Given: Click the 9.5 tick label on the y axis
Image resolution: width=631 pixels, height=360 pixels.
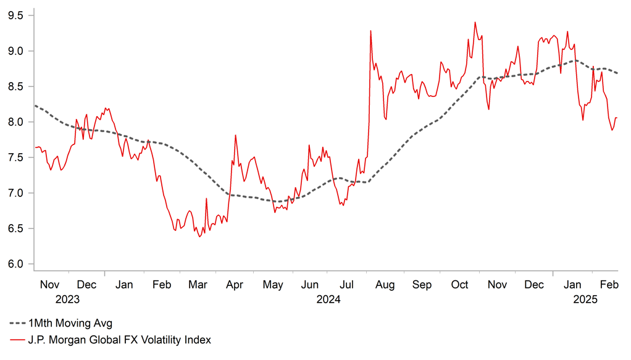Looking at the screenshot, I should coord(16,15).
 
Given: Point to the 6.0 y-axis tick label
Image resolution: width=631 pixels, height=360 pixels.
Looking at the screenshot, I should coord(16,264).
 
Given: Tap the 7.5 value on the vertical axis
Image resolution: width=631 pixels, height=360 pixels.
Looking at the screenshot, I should coord(16,157).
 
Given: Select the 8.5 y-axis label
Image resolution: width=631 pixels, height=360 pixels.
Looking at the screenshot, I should coord(16,86).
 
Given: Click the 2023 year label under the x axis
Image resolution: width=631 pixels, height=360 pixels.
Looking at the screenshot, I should coord(67,299).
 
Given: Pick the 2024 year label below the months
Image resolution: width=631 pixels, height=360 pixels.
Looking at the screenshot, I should coord(328,299).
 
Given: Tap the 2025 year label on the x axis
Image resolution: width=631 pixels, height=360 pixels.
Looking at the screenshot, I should coord(584,299).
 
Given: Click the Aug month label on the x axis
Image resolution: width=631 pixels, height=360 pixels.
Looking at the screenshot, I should coord(385,285).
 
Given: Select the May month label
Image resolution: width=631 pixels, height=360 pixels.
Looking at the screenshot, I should coord(273,285).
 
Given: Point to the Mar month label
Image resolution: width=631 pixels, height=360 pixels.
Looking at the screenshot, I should coord(198,285).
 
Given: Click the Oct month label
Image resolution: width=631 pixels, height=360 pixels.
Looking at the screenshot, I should coord(460,285).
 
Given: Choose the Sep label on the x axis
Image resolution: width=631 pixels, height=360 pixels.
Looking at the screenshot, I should coord(422,285).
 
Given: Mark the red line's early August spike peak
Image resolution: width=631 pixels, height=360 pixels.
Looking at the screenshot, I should coord(370,31).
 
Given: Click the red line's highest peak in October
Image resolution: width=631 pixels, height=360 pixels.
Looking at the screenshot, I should coord(475,22).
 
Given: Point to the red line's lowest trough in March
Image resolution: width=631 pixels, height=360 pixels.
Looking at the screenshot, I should coord(199,237).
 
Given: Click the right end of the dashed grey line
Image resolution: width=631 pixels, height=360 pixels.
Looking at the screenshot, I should coord(617,73).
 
